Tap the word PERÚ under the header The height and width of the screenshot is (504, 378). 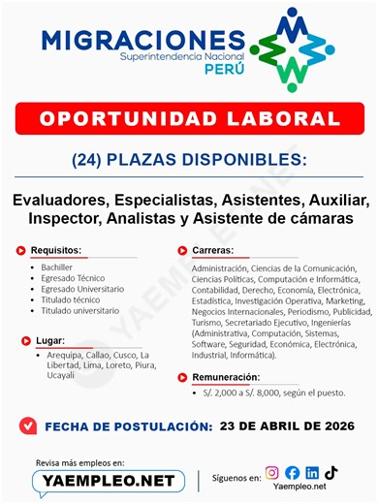tap(219, 73)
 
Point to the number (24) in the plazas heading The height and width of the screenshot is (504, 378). tap(91, 158)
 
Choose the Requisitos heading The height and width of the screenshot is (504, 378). tap(55, 250)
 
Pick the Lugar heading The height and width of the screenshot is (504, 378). tap(47, 340)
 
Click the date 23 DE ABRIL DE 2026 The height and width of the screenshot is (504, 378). tap(286, 425)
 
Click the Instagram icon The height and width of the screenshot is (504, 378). tap(273, 473)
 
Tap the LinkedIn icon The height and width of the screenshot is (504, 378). tap(312, 473)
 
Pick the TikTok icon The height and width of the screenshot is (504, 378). tap(331, 473)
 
